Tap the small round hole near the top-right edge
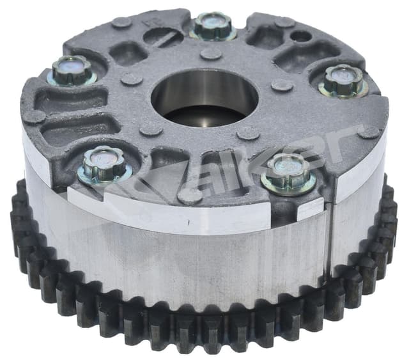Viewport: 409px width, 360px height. tap(300, 35)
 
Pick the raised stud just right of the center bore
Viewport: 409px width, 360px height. tap(281, 84)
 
